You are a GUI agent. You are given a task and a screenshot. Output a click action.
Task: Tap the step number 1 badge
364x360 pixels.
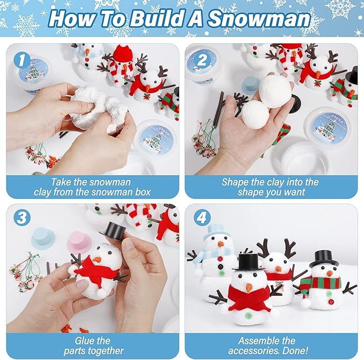pyautogui.click(x=21, y=59)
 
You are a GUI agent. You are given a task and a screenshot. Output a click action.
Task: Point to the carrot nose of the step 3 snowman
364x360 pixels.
pyautogui.click(x=96, y=260)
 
